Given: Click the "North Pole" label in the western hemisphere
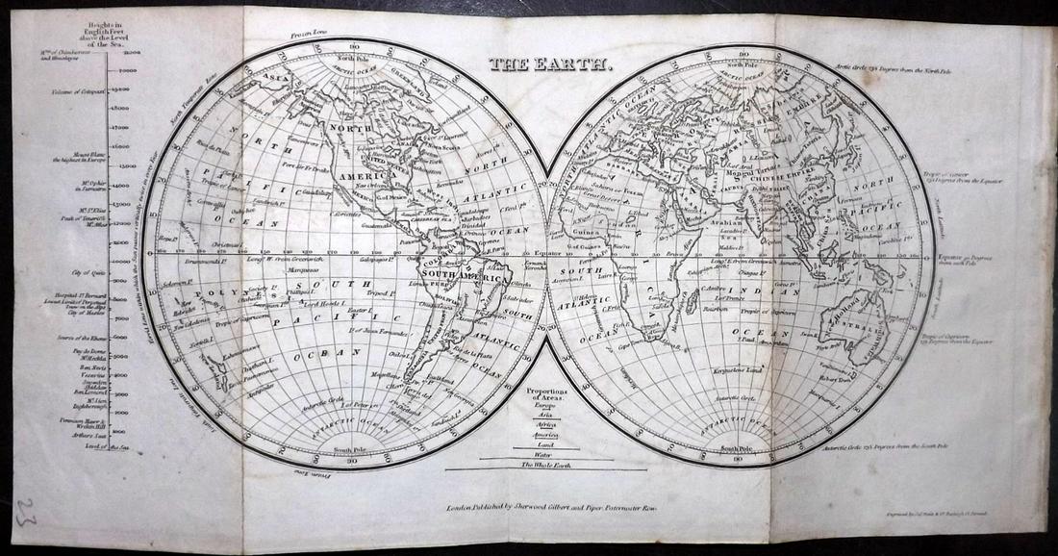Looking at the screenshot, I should point(352,57).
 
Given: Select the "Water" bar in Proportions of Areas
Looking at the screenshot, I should point(545,455).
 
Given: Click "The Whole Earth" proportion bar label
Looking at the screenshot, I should point(545,466).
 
